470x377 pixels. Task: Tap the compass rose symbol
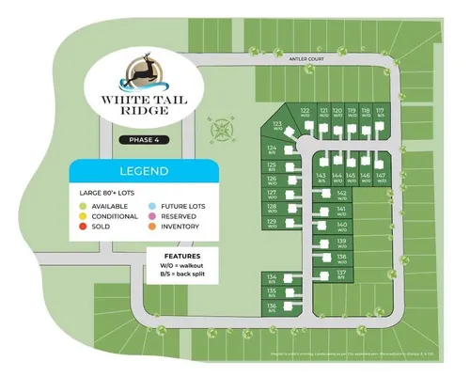(x=224, y=128)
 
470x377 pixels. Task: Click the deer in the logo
(x=143, y=72)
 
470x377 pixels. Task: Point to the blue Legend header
(x=143, y=172)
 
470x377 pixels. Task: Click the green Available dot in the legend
(x=84, y=205)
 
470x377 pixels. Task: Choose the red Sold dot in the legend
(x=84, y=227)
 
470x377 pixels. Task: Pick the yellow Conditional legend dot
(x=84, y=215)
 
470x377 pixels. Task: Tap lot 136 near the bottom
(x=272, y=307)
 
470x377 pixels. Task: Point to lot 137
(x=342, y=275)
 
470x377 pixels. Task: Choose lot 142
(x=342, y=194)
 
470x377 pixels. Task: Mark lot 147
(x=380, y=177)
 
